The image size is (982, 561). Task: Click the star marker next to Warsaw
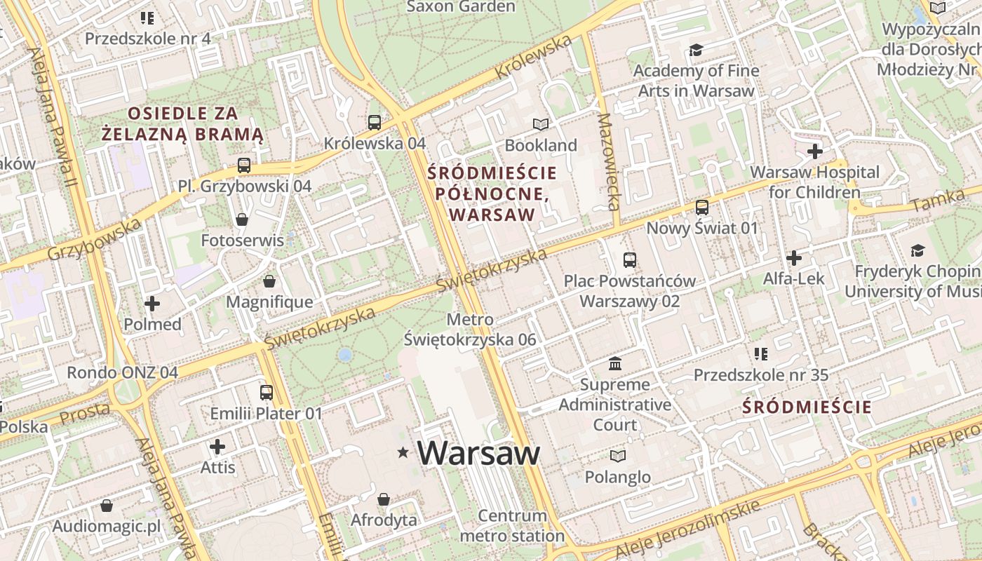[x=403, y=452]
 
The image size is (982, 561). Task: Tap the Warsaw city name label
[x=479, y=453]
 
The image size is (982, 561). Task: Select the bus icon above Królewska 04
[x=375, y=123]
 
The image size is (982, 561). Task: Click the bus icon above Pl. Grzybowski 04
[x=243, y=165]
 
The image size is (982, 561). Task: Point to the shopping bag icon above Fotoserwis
[x=242, y=220]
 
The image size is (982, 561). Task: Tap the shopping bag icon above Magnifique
[x=269, y=282]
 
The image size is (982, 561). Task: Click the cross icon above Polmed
[x=152, y=304]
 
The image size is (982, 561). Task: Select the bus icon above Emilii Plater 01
[x=266, y=393]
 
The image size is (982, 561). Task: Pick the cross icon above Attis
[x=217, y=447]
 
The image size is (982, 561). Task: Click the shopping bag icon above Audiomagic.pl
[x=107, y=506]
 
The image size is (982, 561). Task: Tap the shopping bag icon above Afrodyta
[x=383, y=500]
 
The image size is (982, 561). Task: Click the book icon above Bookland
[x=540, y=125]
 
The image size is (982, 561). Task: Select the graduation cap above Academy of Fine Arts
[x=696, y=50]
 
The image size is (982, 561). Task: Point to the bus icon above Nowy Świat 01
[x=702, y=208]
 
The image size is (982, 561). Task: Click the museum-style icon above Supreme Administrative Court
[x=615, y=364]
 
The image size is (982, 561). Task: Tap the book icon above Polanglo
[x=618, y=457]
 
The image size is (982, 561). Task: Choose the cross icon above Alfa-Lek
[x=794, y=258]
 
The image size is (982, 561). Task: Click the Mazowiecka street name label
[x=607, y=162]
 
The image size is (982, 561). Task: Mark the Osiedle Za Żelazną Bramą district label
[x=182, y=123]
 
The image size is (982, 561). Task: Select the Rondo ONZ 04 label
[x=123, y=372]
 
